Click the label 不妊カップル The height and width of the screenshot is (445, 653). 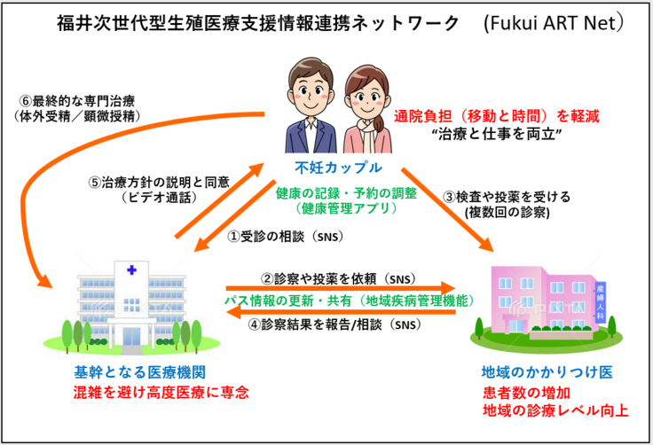326,168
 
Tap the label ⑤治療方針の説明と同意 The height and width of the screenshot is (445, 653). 158,183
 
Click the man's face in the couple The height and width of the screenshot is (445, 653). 307,89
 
